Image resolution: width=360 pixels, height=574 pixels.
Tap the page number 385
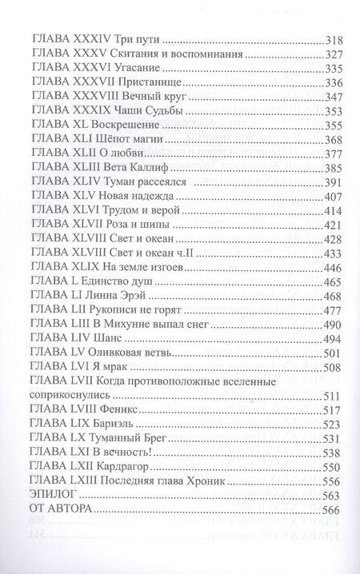point(331,168)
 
